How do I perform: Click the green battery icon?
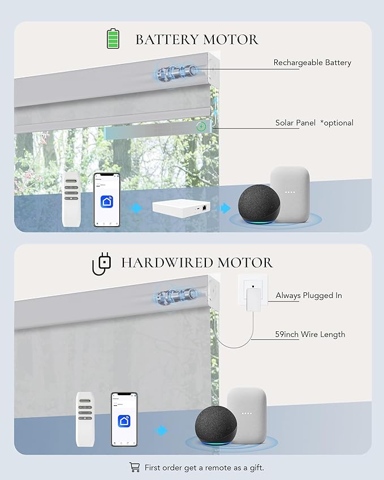tap(113, 38)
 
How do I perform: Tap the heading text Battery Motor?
tap(197, 40)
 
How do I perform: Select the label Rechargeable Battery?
tap(312, 62)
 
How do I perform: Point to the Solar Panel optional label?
tap(314, 123)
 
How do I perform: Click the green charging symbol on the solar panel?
tap(201, 126)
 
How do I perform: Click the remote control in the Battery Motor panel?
tap(71, 200)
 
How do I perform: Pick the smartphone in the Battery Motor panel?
tap(107, 200)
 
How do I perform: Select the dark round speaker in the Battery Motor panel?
tap(259, 204)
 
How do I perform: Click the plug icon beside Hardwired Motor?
tap(102, 263)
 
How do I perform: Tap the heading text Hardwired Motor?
tap(197, 263)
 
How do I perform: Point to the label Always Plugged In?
tap(309, 296)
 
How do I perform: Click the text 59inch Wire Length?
tap(310, 334)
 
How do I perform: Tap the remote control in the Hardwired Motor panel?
tap(85, 419)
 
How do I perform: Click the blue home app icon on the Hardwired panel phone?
tap(124, 421)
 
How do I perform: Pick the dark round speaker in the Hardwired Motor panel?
tap(215, 426)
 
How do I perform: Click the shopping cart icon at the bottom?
tap(135, 467)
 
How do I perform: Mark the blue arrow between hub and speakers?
tap(226, 208)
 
